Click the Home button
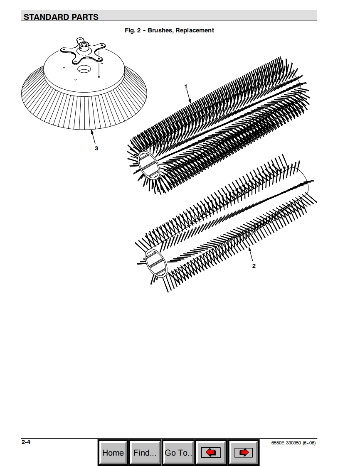click(x=113, y=453)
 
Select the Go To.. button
click(x=178, y=453)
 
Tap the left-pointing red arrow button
click(x=211, y=453)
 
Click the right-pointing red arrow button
click(x=244, y=453)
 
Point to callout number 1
click(x=186, y=86)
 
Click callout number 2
click(x=254, y=266)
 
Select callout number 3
click(x=96, y=148)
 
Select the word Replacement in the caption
click(x=195, y=30)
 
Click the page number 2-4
click(x=26, y=442)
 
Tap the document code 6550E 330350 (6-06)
click(x=293, y=443)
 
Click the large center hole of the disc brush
click(x=84, y=69)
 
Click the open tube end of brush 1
click(x=149, y=165)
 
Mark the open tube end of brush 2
click(x=155, y=263)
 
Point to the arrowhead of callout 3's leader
click(x=92, y=132)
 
